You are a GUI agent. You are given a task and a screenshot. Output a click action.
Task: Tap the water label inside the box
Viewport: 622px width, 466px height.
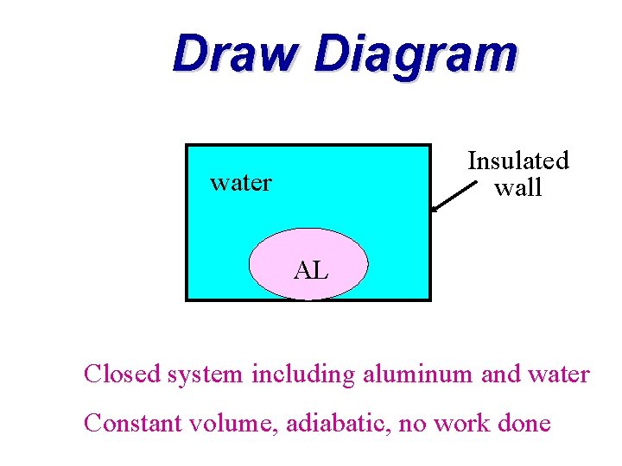[241, 183]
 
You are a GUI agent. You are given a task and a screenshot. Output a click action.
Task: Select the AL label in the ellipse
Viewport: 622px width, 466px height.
[310, 271]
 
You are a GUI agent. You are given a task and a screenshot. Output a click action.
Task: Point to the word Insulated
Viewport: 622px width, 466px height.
[518, 161]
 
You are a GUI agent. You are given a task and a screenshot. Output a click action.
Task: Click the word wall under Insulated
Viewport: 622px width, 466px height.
[518, 187]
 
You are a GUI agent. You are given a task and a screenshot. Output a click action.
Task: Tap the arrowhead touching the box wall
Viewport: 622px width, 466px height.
[435, 208]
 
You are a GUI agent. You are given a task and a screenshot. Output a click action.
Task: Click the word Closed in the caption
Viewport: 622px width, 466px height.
[123, 375]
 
